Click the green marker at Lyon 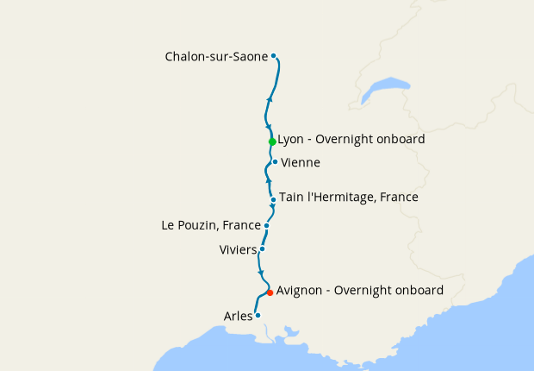click(x=272, y=141)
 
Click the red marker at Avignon click(x=270, y=292)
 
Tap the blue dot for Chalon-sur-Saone click(x=274, y=56)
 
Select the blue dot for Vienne click(x=275, y=161)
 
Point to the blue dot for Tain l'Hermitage click(x=273, y=199)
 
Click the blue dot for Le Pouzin click(x=267, y=225)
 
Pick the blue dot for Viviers click(x=262, y=248)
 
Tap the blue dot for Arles click(x=258, y=315)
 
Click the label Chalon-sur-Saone click(x=216, y=57)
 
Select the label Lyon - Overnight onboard click(x=351, y=138)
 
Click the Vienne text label click(x=301, y=162)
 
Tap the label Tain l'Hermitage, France click(x=348, y=198)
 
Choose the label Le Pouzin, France click(x=211, y=225)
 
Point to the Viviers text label click(x=239, y=249)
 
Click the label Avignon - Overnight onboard click(x=359, y=291)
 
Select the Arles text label click(x=238, y=316)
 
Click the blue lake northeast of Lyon click(x=385, y=89)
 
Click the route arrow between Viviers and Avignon click(x=261, y=273)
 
